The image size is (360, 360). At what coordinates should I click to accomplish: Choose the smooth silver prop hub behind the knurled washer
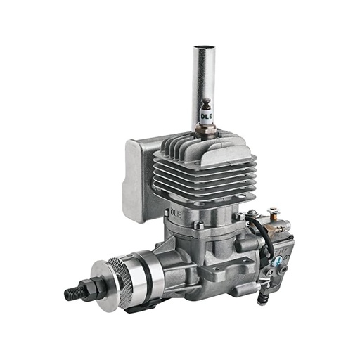[141, 271]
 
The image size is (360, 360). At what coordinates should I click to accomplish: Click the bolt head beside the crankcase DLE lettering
[199, 225]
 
